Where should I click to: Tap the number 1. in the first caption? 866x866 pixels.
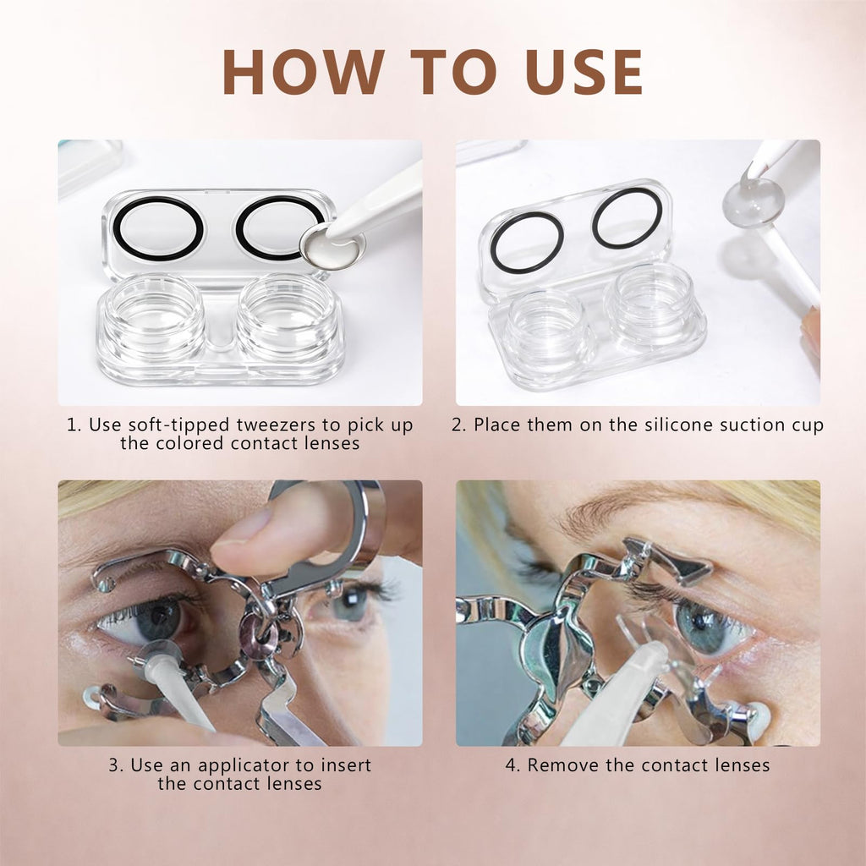click(74, 425)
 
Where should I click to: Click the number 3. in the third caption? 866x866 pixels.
click(117, 765)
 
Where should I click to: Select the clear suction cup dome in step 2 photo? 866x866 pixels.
click(754, 201)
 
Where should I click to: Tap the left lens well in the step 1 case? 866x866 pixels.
click(156, 318)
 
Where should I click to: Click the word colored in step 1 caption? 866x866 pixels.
click(191, 443)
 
